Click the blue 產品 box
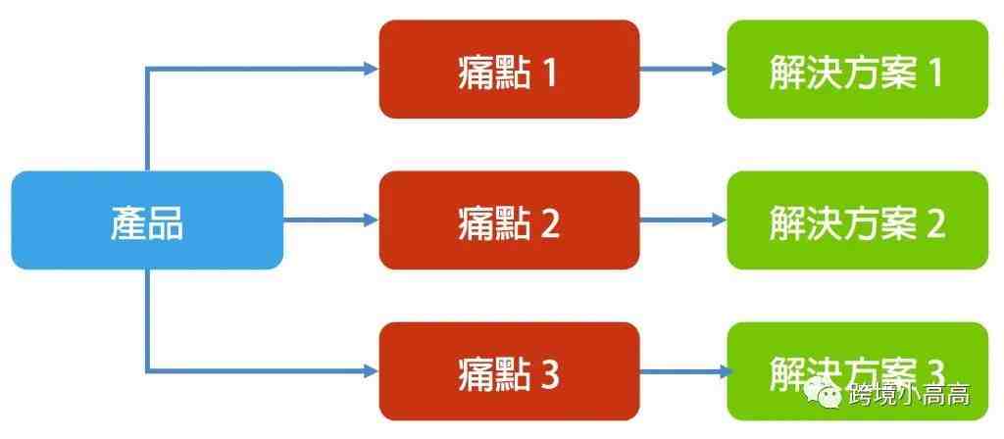coord(147,220)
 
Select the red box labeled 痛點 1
coord(509,70)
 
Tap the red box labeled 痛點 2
coord(509,220)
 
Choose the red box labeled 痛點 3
coord(509,371)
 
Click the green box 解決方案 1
coord(858,70)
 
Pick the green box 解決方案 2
coord(858,220)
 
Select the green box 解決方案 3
coord(858,371)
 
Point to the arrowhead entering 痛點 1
coord(372,70)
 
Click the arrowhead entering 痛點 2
coord(372,220)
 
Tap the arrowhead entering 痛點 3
coord(372,370)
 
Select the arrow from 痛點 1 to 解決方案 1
coord(683,70)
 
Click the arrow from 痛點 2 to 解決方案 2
coord(683,220)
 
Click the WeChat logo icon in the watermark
coord(824,393)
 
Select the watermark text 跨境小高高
coord(909,394)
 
